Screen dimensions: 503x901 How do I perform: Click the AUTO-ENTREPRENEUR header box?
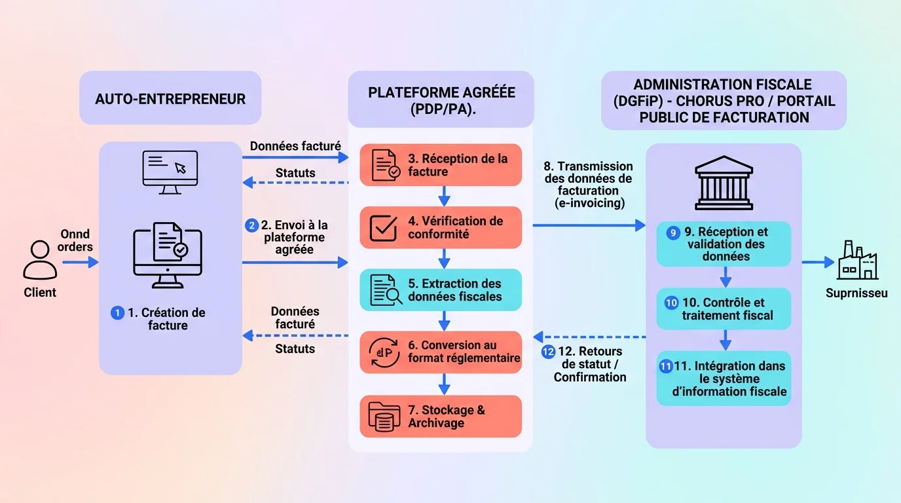(170, 98)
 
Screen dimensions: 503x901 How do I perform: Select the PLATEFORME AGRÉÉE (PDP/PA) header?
(441, 100)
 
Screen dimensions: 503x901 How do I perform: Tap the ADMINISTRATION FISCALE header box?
(724, 101)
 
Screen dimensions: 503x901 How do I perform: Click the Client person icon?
(40, 260)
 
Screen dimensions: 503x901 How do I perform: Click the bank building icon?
(724, 181)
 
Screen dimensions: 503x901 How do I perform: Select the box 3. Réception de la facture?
(441, 165)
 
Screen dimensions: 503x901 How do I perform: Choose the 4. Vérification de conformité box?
(441, 227)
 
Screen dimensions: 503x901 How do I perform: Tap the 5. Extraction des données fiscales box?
(441, 289)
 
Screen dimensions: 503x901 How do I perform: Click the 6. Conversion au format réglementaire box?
(441, 352)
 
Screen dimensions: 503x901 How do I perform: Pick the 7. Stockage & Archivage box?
(441, 417)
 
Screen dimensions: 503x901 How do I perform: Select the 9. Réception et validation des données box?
(724, 244)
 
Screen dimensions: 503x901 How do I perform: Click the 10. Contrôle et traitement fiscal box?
(724, 308)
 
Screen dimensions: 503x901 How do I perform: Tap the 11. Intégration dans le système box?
(724, 379)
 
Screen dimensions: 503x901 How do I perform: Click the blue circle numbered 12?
(549, 352)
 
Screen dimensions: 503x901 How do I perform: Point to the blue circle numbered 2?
(251, 225)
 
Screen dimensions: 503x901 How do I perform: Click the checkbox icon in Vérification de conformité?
(384, 227)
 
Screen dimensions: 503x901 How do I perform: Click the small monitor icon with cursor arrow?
(170, 172)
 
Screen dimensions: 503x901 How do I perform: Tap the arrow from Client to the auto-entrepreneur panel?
(80, 263)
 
